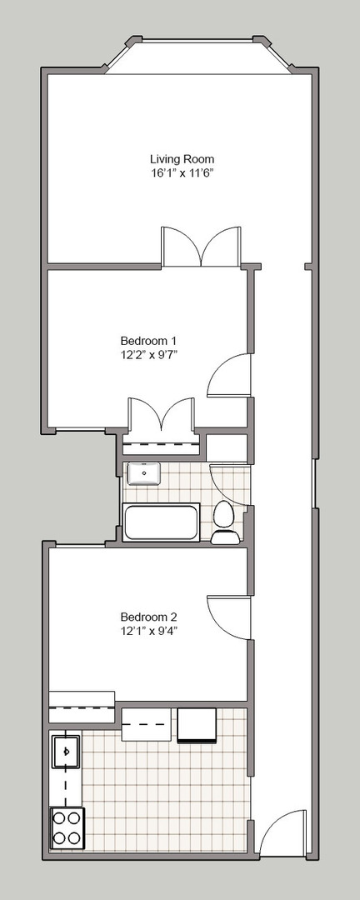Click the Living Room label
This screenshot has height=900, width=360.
coord(182,159)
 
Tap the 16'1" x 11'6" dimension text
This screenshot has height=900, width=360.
coord(182,172)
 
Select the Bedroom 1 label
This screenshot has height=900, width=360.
coord(148,339)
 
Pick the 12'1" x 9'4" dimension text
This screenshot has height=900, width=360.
coord(148,632)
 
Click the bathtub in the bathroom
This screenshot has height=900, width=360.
coord(162,522)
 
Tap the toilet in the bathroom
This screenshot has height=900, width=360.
coord(224,522)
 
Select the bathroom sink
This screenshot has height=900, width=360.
coord(143,473)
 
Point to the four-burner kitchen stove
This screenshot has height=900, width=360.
coord(67,827)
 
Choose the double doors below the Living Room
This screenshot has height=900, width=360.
coord(201,247)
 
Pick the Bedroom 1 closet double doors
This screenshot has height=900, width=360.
coord(162,414)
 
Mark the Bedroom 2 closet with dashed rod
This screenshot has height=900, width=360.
coord(82,707)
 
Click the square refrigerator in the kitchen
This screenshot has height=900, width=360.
coord(197,725)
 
